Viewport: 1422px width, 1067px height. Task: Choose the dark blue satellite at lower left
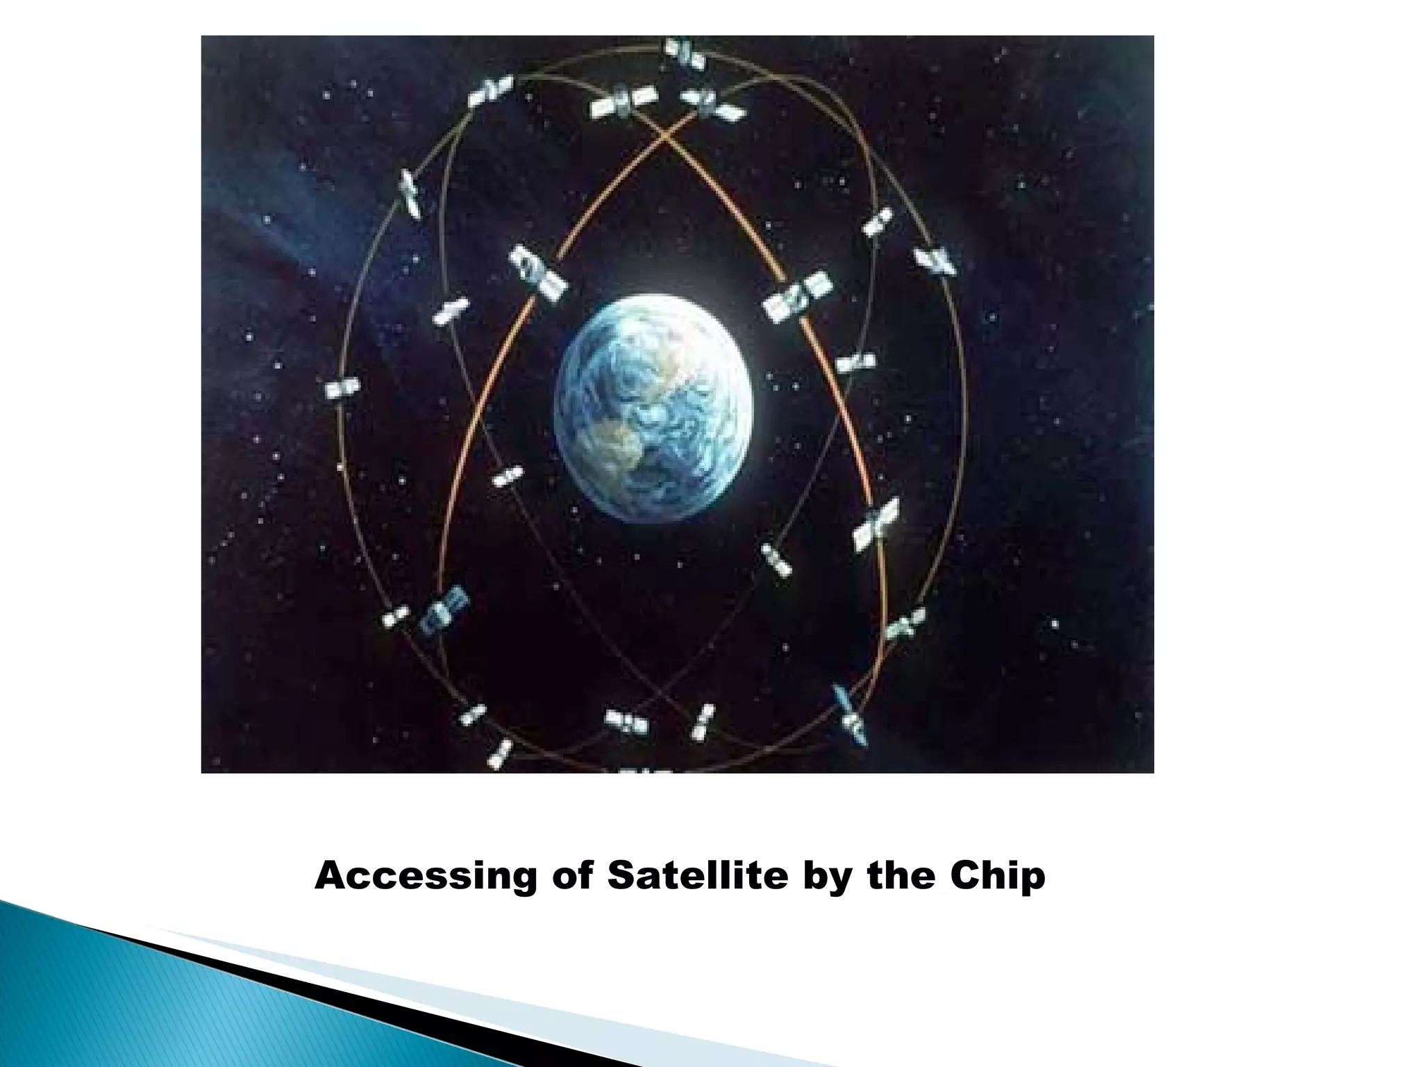pos(444,609)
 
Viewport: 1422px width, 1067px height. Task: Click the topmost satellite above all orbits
pos(685,54)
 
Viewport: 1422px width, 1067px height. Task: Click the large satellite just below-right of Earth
pos(876,524)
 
